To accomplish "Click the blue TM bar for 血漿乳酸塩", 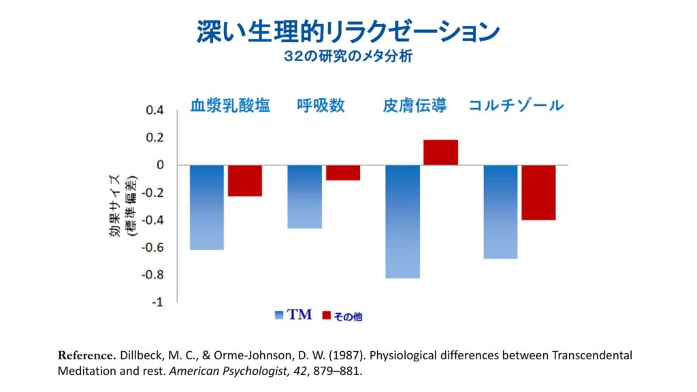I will point(207,208).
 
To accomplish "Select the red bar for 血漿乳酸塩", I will point(245,181).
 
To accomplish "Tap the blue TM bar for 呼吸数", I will point(304,197).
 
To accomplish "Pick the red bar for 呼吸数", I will point(342,173).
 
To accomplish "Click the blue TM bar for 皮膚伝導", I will point(402,222).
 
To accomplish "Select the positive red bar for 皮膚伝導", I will point(440,152).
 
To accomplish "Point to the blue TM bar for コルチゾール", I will point(500,212).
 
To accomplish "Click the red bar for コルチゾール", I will point(538,193).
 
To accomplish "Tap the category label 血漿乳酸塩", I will point(230,105).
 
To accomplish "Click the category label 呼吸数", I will point(321,105).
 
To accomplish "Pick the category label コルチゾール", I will point(516,105).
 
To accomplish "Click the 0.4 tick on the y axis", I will point(155,110).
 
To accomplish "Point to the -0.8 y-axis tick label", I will point(152,275).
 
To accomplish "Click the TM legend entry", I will point(293,315).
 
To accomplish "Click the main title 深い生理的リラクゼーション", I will point(348,31).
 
